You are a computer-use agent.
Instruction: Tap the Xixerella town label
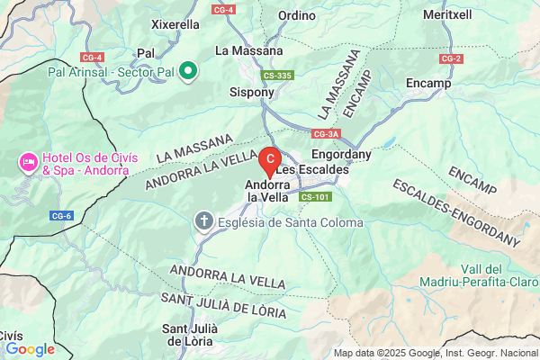[x=175, y=24]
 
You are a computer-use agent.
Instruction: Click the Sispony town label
[x=252, y=92]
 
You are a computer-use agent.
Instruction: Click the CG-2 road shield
[x=451, y=58]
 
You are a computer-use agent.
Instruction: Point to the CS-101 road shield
[x=316, y=196]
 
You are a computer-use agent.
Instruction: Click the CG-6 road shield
[x=62, y=216]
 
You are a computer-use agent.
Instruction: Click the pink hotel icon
[x=28, y=163]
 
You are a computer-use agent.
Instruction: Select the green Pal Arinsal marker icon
[x=188, y=69]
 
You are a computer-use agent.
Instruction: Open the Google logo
[x=30, y=349]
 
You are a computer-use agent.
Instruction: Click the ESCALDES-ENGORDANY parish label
[x=457, y=212]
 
